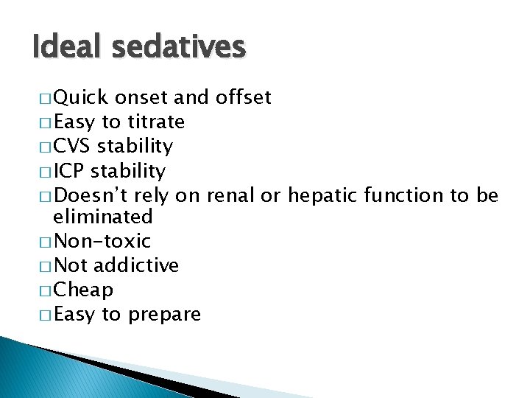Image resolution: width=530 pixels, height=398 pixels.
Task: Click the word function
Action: pyautogui.click(x=402, y=195)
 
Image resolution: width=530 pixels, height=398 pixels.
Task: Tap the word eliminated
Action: pyautogui.click(x=102, y=217)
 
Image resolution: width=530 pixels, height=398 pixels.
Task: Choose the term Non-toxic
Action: pyautogui.click(x=102, y=241)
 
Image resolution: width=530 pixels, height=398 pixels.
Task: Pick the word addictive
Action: pyautogui.click(x=136, y=265)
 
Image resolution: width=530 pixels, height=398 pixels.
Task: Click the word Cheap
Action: pyautogui.click(x=83, y=290)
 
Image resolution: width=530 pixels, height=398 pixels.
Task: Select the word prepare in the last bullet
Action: pyautogui.click(x=163, y=315)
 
